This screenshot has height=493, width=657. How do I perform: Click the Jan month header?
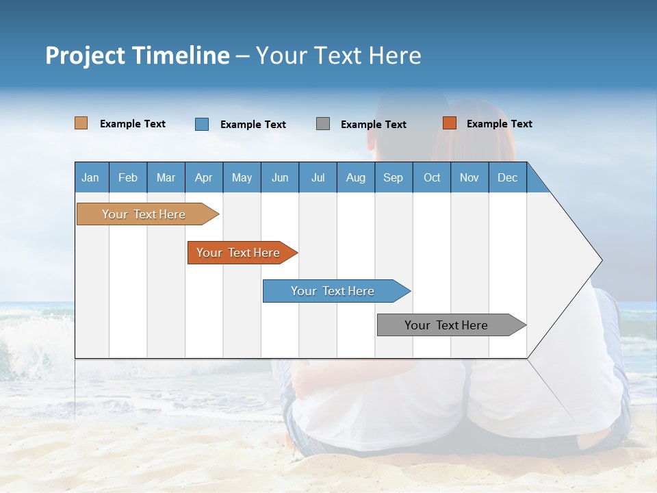[x=90, y=177]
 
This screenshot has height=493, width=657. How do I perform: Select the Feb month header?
[x=128, y=177]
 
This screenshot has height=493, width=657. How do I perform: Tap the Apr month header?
[x=204, y=177]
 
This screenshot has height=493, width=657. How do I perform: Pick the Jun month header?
[x=280, y=177]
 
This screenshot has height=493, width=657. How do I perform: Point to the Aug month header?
[x=356, y=177]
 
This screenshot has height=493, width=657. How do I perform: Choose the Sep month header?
[x=394, y=177]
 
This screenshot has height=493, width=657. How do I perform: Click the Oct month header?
[x=432, y=177]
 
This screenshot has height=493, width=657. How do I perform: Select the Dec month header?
[x=508, y=177]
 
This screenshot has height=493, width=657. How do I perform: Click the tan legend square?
[x=81, y=123]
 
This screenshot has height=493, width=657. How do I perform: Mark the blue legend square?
[x=202, y=124]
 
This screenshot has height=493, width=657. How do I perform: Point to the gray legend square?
[x=323, y=124]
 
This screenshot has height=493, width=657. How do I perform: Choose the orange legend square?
[x=450, y=123]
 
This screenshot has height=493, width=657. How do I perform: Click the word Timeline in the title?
[x=181, y=55]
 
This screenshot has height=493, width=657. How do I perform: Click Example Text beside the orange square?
[x=500, y=124]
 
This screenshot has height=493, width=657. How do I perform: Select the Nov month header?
[x=469, y=177]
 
